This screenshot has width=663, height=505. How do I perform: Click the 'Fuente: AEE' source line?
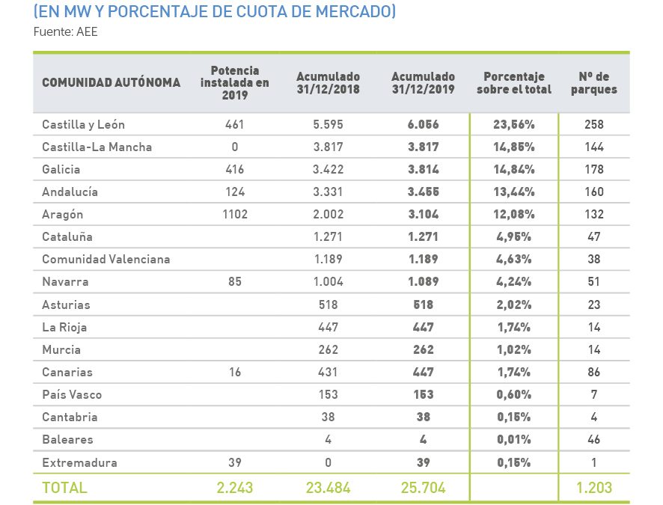click(66, 31)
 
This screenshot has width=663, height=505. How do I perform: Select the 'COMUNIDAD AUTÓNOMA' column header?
click(111, 82)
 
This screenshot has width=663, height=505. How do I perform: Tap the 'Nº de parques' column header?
click(598, 82)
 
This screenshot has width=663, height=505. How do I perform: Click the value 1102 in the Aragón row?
click(234, 214)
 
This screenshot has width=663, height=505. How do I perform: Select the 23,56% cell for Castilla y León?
click(514, 124)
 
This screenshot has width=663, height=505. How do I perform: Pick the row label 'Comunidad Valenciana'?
click(106, 259)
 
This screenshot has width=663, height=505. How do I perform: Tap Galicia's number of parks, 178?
click(594, 169)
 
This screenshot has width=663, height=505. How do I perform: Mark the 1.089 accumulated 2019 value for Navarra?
click(423, 281)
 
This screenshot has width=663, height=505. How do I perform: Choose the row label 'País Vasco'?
click(72, 394)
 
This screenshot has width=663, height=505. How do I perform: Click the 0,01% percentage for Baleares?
click(514, 439)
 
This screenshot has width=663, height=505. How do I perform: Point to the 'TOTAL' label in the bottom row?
click(64, 488)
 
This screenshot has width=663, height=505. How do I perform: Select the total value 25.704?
click(423, 488)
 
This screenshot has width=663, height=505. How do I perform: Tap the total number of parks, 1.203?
click(594, 488)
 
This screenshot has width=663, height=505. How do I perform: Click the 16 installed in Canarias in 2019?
click(234, 372)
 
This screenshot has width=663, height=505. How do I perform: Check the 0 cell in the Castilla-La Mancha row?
click(234, 147)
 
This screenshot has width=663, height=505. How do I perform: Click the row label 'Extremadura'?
click(79, 462)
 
